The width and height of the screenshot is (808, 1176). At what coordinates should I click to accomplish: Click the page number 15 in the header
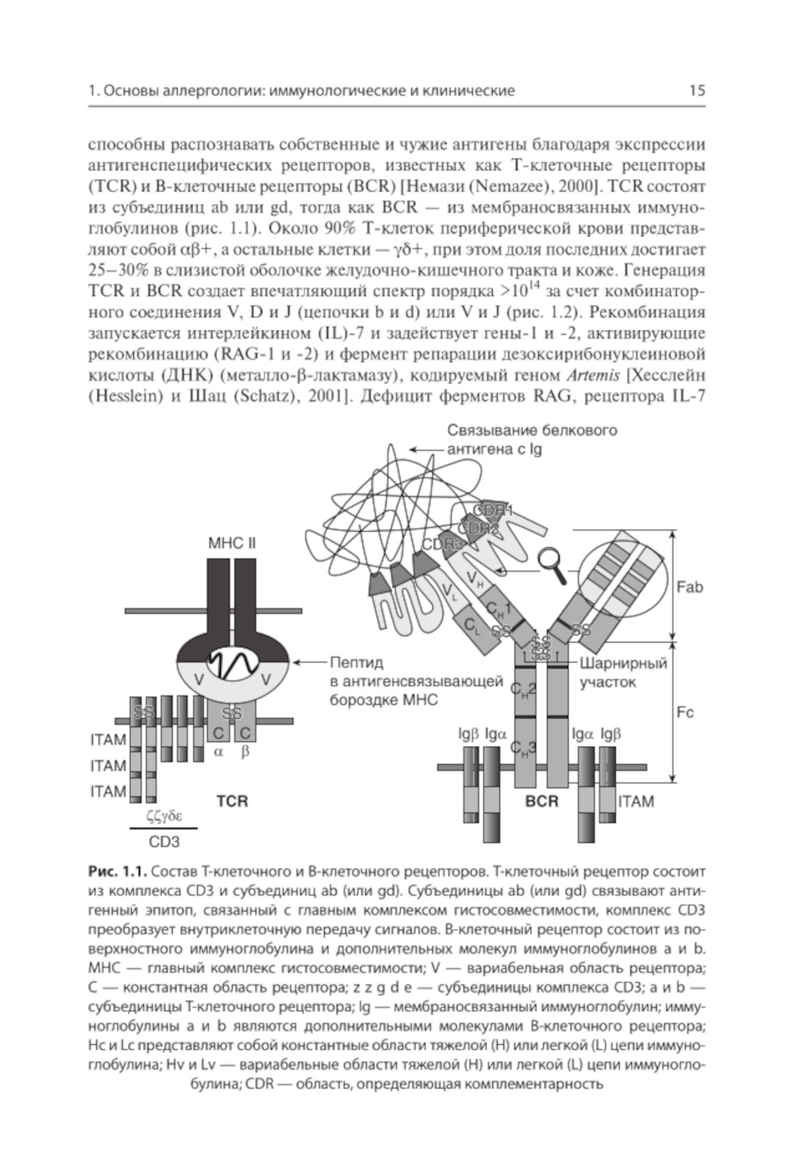click(x=696, y=91)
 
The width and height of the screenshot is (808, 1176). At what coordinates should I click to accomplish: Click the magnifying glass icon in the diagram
click(x=554, y=560)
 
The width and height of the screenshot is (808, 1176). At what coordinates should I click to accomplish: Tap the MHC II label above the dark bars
click(x=232, y=542)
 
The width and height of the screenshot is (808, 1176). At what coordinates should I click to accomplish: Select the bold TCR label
click(x=232, y=802)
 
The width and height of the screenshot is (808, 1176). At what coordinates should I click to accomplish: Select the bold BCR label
click(x=541, y=802)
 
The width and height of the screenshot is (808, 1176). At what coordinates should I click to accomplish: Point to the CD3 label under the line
click(x=164, y=841)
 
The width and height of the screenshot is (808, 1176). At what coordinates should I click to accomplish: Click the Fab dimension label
click(x=689, y=587)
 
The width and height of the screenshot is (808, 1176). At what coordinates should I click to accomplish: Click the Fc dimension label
click(x=685, y=713)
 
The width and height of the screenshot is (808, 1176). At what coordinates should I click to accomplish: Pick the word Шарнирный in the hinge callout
click(x=624, y=664)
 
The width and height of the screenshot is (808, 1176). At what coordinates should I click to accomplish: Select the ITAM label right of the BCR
click(x=636, y=802)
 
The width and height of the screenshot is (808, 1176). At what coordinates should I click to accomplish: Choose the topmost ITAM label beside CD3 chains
click(x=108, y=740)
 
